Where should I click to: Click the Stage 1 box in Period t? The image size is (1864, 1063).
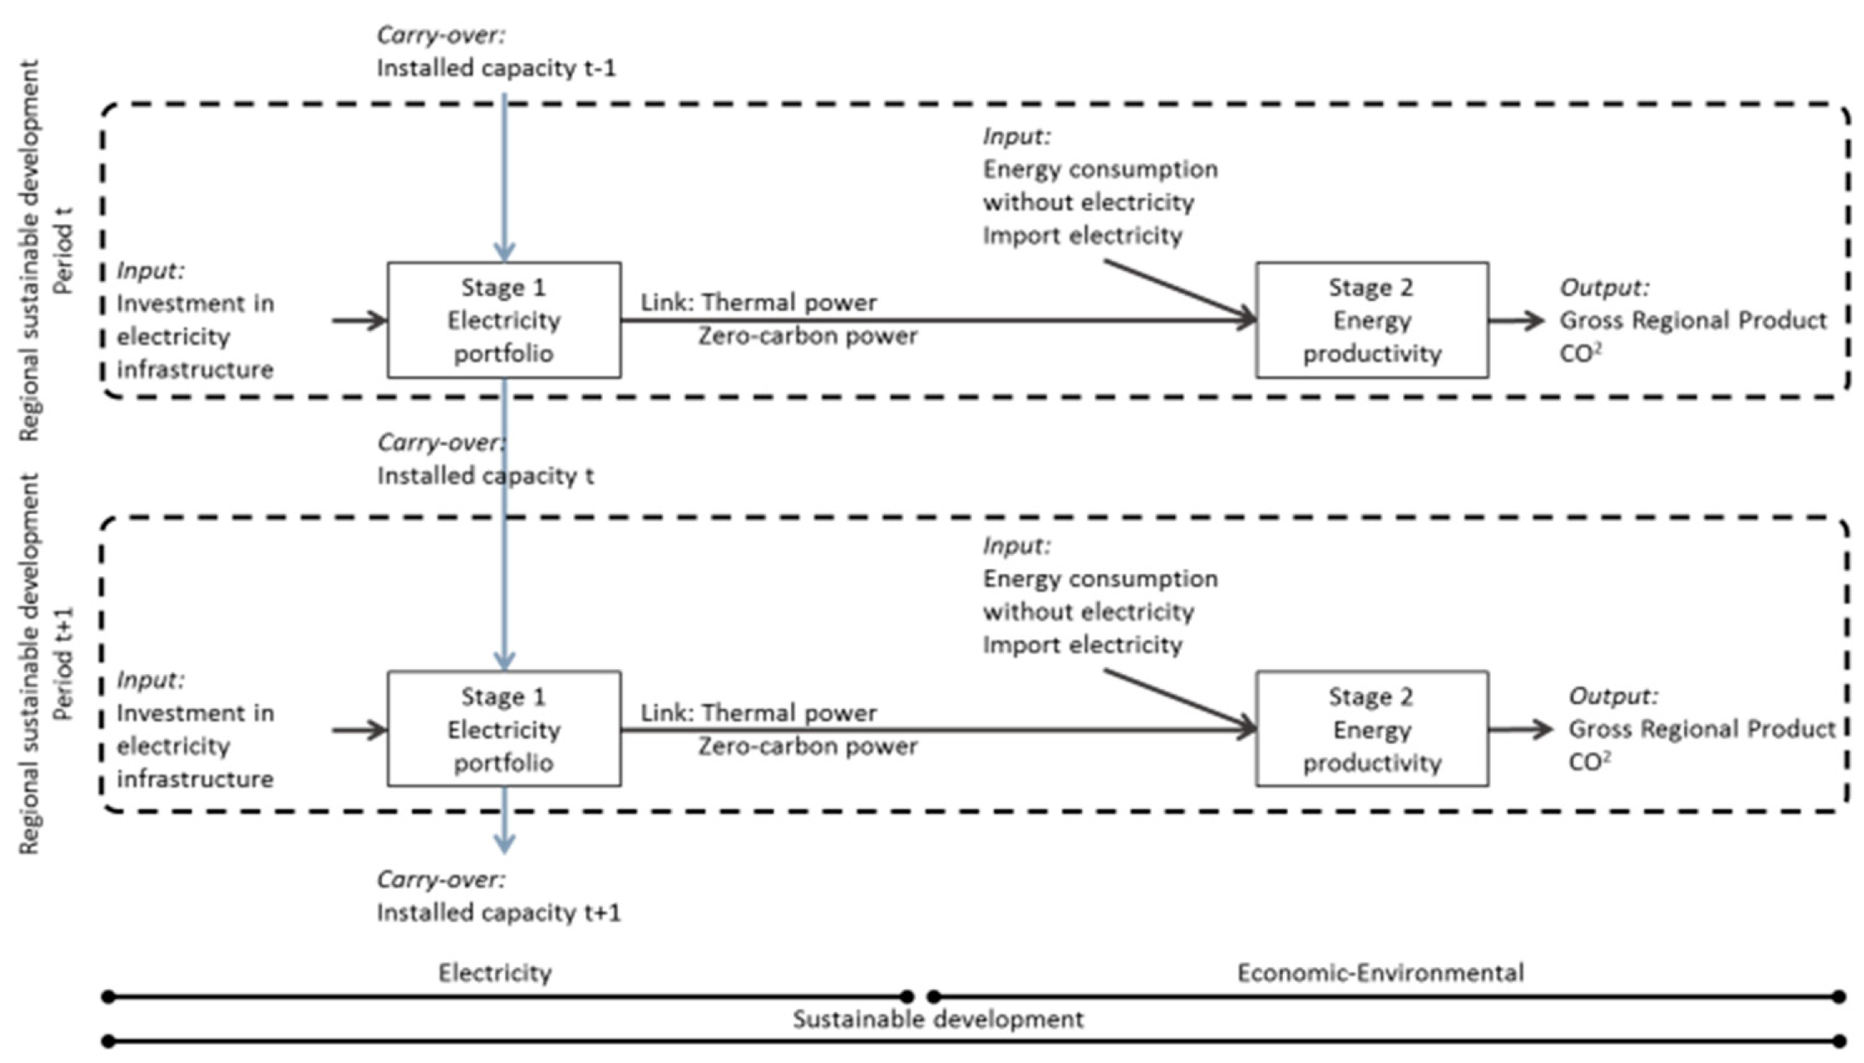pos(503,320)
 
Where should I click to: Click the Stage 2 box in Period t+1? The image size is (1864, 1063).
pos(1371,729)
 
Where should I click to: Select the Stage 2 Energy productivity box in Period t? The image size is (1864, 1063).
pos(1371,320)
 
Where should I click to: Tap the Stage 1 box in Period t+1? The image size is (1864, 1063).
pos(503,729)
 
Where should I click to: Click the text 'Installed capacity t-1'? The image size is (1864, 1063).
pos(496,68)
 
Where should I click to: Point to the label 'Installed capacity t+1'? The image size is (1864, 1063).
pos(498,912)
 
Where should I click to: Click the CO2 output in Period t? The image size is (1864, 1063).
pos(1580,353)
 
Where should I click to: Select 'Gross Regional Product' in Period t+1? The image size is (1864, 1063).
pos(1701,729)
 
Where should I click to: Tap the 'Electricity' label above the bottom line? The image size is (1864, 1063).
pos(495,972)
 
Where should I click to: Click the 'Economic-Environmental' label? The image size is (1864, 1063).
pos(1380,972)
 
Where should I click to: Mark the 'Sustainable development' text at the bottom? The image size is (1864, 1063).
pos(937,1018)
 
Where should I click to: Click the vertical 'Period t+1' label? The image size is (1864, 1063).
pos(64,663)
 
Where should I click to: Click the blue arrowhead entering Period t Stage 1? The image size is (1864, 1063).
pos(504,251)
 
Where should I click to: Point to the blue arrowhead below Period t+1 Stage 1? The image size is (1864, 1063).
pos(504,843)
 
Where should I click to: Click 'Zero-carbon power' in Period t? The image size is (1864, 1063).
pos(807,336)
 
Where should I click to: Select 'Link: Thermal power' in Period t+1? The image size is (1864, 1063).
pos(758,712)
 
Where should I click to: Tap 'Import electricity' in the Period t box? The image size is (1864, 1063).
pos(1082,235)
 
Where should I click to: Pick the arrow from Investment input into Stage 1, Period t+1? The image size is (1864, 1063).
pos(359,730)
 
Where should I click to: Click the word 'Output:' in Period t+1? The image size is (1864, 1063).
pos(1612,696)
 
